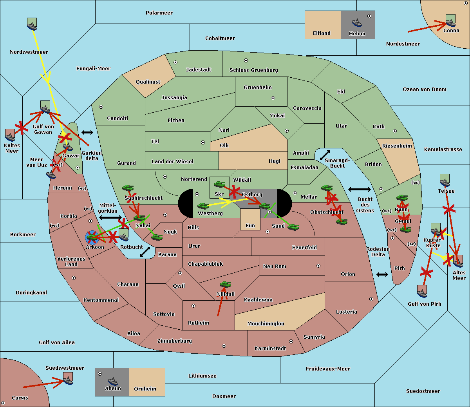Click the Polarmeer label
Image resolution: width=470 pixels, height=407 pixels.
pyautogui.click(x=159, y=13)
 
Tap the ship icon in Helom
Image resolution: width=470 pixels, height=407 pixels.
pyautogui.click(x=357, y=22)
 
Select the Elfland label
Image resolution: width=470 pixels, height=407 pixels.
pyautogui.click(x=322, y=33)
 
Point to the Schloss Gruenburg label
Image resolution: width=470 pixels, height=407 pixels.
pyautogui.click(x=253, y=70)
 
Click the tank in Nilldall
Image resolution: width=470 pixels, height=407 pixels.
pyautogui.click(x=225, y=284)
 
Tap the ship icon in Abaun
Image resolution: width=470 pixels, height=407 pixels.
pyautogui.click(x=113, y=381)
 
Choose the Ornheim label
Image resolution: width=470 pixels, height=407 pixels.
pyautogui.click(x=145, y=389)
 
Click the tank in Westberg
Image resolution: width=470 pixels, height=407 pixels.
pyautogui.click(x=203, y=206)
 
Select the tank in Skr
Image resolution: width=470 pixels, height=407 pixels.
pyautogui.click(x=219, y=184)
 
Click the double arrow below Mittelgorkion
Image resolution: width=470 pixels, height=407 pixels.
pyautogui.click(x=110, y=217)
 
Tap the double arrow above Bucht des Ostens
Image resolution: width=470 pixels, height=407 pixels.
pyautogui.click(x=359, y=190)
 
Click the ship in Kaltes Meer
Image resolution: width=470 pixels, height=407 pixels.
pyautogui.click(x=10, y=135)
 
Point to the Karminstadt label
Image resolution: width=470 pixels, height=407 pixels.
pyautogui.click(x=270, y=349)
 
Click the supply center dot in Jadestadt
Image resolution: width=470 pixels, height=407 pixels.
pyautogui.click(x=175, y=62)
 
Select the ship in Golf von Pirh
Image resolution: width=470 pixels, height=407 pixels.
pyautogui.click(x=422, y=291)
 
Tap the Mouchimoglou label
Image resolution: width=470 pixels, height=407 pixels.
pyautogui.click(x=266, y=324)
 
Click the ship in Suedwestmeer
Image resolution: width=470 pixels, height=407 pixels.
pyautogui.click(x=68, y=379)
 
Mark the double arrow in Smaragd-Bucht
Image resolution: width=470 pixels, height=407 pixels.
pyautogui.click(x=325, y=155)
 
